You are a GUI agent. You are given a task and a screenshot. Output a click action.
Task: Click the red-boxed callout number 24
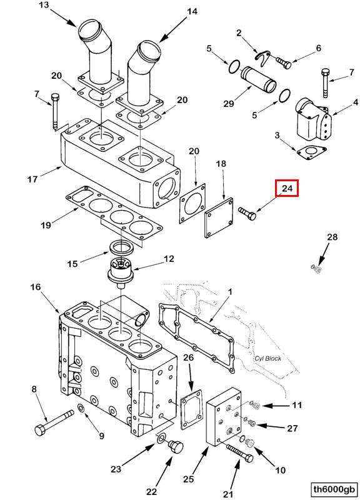(287, 188)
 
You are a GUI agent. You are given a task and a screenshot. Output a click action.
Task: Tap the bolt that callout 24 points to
(247, 213)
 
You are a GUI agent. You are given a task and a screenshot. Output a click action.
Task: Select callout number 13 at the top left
(44, 6)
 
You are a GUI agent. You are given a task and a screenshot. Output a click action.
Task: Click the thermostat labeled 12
(122, 271)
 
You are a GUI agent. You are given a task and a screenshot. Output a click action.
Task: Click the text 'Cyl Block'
(268, 358)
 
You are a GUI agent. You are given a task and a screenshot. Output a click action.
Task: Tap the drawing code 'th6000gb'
(334, 489)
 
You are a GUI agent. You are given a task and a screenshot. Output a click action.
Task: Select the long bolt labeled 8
(54, 422)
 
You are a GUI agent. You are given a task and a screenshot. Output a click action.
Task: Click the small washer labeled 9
(81, 407)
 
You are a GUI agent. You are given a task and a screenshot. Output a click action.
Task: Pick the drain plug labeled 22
(176, 446)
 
